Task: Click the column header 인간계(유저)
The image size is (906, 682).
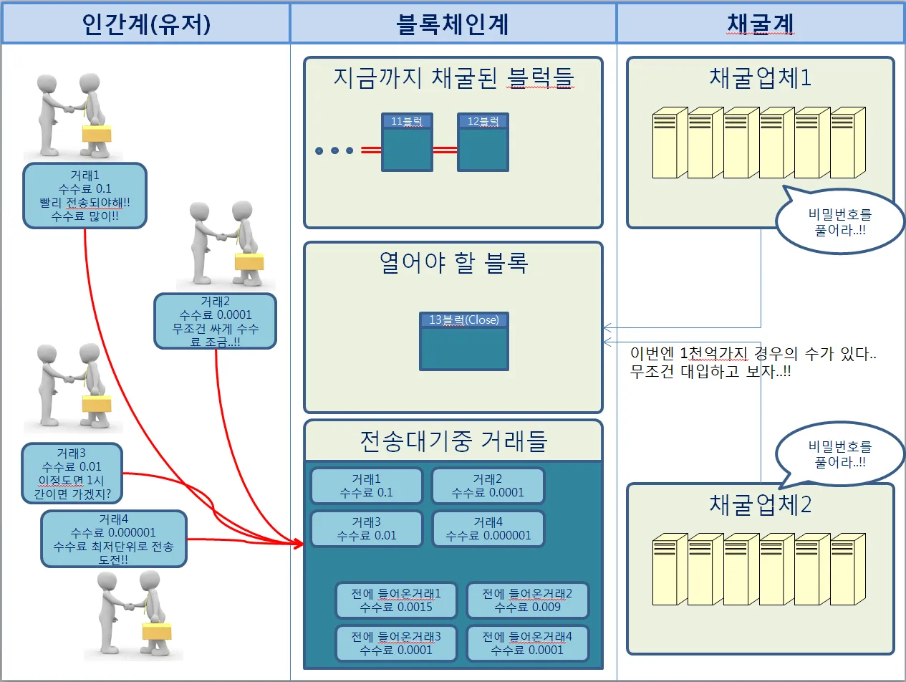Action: (145, 24)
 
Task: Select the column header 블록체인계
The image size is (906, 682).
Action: (453, 24)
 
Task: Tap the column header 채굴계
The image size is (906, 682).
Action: (760, 24)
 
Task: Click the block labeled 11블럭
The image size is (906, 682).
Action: (407, 143)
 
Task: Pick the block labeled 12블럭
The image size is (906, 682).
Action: (483, 143)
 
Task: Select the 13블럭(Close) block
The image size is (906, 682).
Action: (464, 341)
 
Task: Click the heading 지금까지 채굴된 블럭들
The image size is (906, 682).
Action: (453, 77)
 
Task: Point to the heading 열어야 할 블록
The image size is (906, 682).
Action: (453, 263)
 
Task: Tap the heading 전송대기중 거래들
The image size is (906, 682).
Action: (453, 441)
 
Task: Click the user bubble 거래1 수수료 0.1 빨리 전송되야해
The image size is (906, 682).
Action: (85, 196)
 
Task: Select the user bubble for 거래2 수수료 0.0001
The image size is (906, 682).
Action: (216, 321)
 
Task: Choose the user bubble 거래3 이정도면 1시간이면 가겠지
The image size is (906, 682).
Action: (72, 474)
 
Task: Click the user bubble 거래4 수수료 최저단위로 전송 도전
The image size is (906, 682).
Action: (114, 539)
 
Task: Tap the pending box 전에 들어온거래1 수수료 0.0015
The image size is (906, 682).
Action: (396, 600)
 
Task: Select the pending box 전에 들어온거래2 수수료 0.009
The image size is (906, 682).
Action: (527, 600)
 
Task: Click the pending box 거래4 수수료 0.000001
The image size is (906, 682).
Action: (488, 529)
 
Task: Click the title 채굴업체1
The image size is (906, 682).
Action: (760, 77)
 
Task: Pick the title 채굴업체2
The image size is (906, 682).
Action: (760, 504)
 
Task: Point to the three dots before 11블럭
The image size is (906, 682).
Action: (334, 150)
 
